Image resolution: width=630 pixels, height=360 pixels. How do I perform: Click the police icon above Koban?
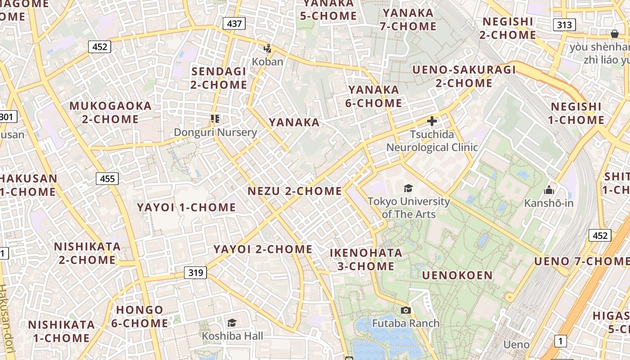268,49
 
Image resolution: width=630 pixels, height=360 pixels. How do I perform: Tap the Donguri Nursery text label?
215,132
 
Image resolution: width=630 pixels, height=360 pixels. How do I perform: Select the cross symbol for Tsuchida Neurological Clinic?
432,121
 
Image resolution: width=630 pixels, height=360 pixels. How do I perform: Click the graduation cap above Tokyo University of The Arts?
408,188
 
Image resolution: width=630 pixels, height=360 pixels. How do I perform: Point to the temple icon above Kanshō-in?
549,190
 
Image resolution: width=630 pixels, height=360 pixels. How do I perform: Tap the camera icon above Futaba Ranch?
405,310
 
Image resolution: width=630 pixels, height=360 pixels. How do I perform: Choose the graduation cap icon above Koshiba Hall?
232,323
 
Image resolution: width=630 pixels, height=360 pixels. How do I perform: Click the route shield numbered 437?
234,23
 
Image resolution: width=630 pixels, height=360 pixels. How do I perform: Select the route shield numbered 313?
564,25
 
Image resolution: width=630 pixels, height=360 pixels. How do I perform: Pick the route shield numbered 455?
107,179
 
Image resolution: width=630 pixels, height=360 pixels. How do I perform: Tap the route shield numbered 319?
195,272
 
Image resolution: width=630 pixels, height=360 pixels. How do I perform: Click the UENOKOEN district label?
457,275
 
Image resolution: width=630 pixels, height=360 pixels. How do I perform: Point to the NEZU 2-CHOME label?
295,191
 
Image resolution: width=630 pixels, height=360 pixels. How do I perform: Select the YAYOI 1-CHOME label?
186,207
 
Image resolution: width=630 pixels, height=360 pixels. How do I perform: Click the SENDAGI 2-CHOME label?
219,78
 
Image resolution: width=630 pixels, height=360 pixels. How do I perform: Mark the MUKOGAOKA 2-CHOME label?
110,112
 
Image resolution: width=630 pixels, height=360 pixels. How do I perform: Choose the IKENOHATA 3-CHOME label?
366,259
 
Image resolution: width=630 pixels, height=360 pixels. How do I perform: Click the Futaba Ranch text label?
405,323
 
